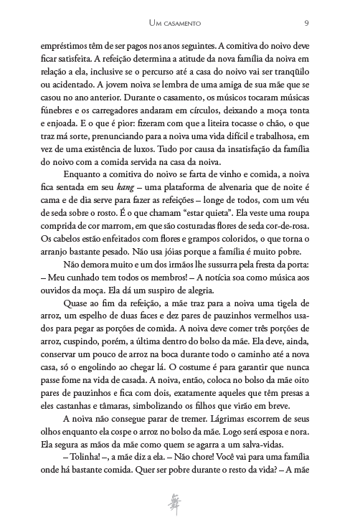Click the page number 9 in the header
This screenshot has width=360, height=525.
pyautogui.click(x=307, y=24)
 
